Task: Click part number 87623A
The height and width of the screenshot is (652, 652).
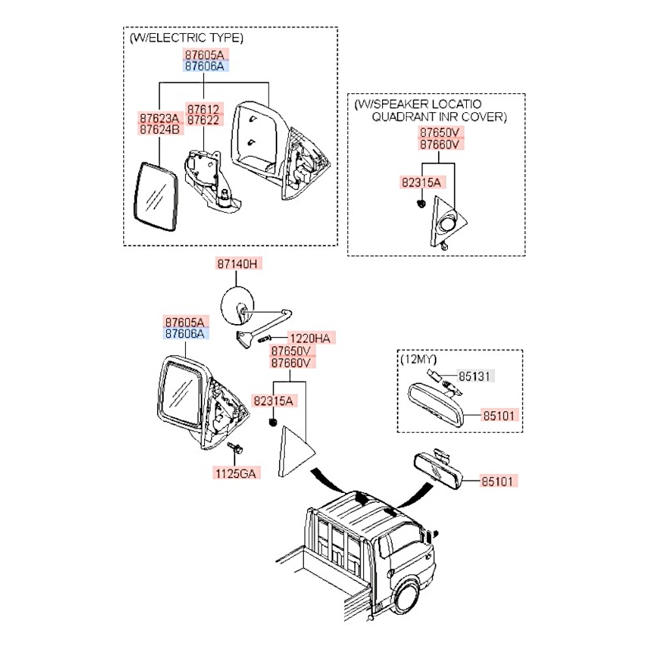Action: coord(159,118)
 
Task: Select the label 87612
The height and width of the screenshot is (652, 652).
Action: coord(205,108)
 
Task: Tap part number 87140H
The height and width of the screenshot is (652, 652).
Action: coord(238,264)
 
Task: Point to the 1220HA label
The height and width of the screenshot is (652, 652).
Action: coord(309,338)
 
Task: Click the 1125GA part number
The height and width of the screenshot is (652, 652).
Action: coord(236,473)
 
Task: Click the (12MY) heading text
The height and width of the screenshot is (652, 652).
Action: coord(418,359)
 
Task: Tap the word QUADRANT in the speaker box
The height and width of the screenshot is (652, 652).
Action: coord(404,117)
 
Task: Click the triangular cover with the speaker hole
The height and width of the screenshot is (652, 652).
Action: coord(447,224)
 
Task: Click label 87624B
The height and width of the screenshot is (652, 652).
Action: coord(159,129)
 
